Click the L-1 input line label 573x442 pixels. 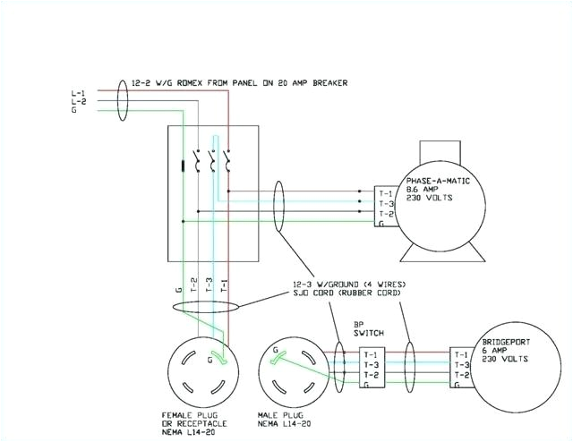point(78,93)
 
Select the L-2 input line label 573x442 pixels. point(78,102)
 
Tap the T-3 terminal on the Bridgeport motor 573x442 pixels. point(461,365)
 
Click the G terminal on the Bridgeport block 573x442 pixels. point(458,385)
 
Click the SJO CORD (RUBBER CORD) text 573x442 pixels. point(340,293)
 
